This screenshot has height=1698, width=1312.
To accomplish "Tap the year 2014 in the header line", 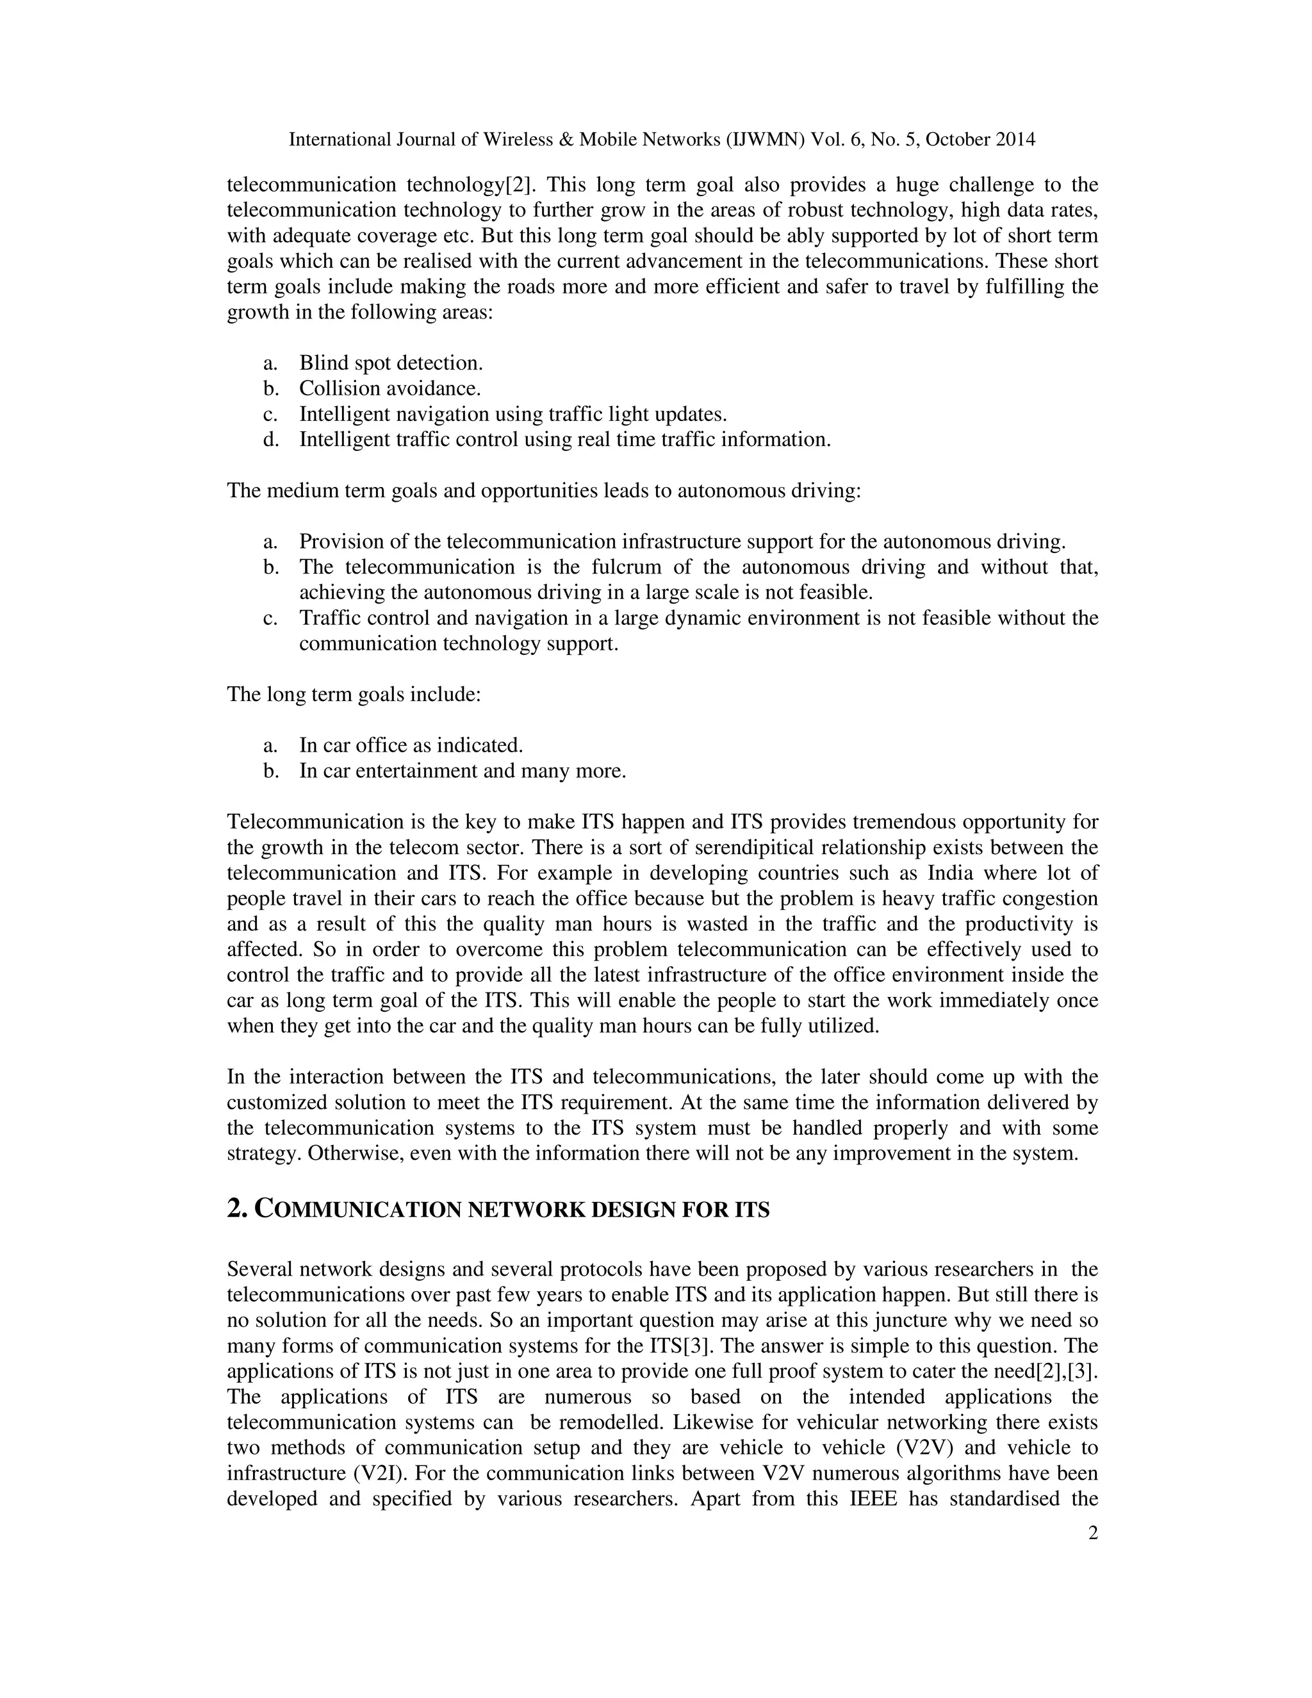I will tap(1013, 140).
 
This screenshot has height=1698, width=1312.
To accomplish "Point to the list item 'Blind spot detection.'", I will tap(391, 363).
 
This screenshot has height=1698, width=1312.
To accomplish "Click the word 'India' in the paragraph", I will tap(951, 873).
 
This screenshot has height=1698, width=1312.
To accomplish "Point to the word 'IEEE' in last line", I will tap(868, 1499).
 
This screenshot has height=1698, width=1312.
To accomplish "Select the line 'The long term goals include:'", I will tap(354, 695).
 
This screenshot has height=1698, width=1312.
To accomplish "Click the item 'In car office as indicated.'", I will tap(411, 746).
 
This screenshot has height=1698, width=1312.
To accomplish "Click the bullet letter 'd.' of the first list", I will tap(270, 440).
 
